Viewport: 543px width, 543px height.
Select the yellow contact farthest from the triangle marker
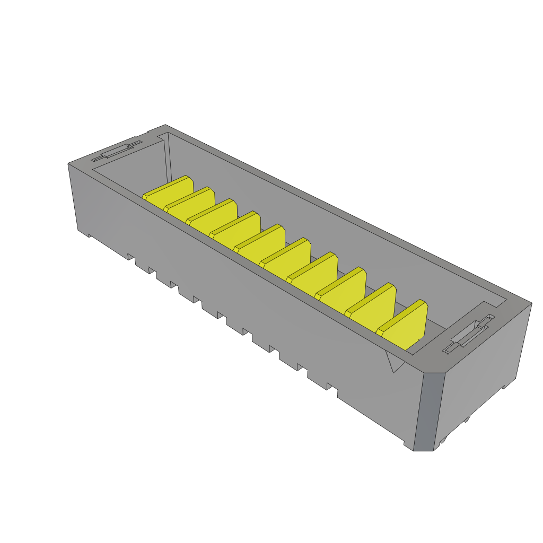tap(169, 192)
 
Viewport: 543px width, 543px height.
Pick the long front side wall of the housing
tap(239, 297)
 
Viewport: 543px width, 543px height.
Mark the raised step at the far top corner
tap(157, 130)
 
